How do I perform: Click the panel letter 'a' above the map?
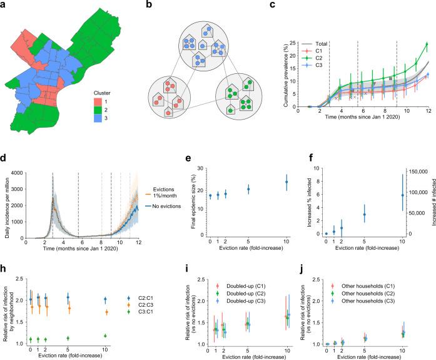pos(4,5)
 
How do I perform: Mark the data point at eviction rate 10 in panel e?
pos(286,182)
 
